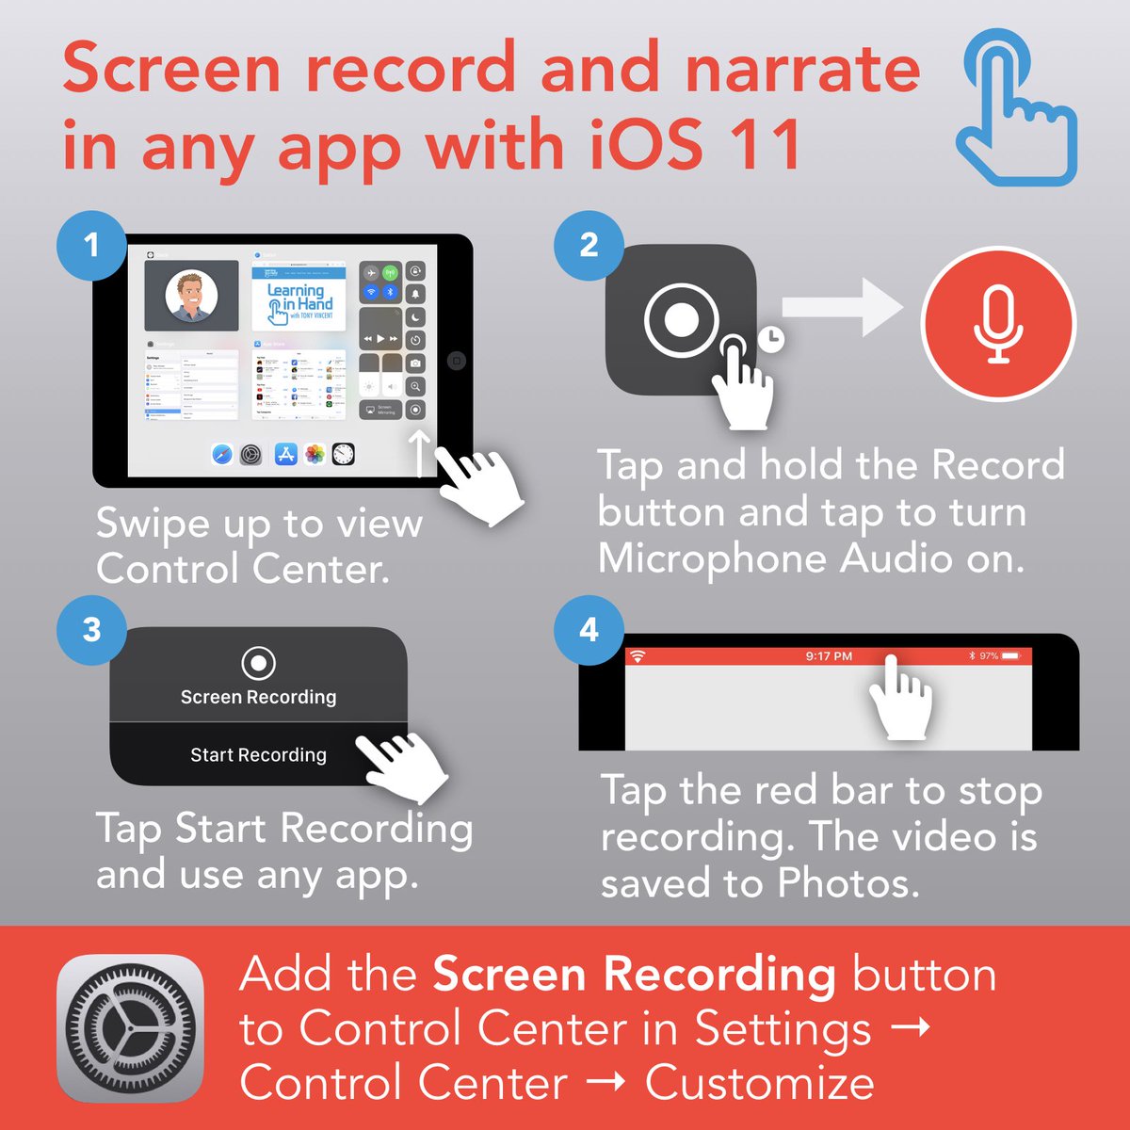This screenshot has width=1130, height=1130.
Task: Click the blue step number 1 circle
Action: (91, 246)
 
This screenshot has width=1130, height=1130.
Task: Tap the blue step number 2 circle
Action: (589, 246)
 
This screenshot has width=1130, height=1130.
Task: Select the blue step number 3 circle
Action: (91, 630)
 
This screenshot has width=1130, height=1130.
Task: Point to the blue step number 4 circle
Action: (589, 630)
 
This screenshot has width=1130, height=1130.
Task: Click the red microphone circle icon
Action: (998, 324)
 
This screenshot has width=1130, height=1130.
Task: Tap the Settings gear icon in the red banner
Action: (130, 1028)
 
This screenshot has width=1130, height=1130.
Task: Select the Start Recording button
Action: (258, 755)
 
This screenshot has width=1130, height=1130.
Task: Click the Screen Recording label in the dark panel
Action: (258, 697)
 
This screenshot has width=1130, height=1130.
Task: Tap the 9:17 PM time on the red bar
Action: (829, 656)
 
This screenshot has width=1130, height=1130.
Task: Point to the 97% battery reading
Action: (988, 656)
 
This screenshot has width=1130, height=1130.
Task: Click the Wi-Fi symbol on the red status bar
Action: (638, 656)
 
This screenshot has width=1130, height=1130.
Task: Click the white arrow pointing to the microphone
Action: (842, 308)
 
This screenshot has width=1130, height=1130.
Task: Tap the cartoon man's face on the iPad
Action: (191, 297)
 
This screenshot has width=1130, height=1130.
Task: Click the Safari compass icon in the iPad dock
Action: (222, 456)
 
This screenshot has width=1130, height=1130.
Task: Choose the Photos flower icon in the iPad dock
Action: (315, 456)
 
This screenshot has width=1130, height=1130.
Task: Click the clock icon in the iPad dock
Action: (344, 456)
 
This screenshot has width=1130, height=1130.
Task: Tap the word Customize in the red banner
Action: (759, 1083)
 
